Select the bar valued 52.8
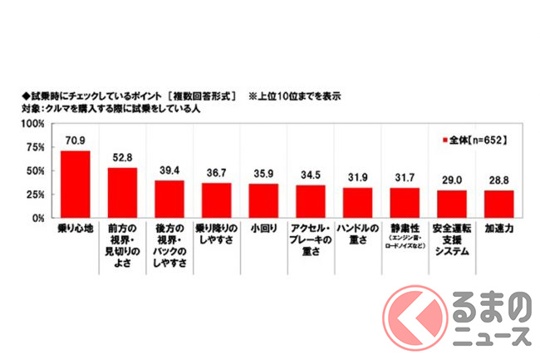pyautogui.click(x=122, y=193)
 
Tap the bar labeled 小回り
pyautogui.click(x=263, y=201)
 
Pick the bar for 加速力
pyautogui.click(x=500, y=205)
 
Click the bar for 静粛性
pyautogui.click(x=405, y=203)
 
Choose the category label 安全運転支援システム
pyautogui.click(x=453, y=240)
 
